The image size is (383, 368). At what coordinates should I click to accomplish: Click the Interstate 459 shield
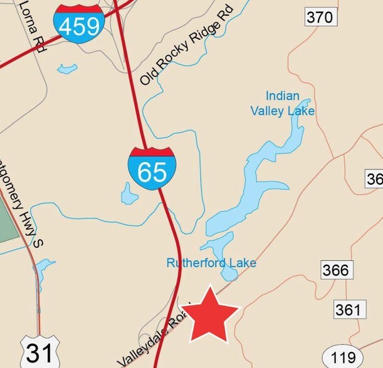pos(78,22)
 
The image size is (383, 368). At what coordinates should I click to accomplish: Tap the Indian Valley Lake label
pos(282,104)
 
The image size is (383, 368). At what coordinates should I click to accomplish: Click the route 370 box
pos(320,18)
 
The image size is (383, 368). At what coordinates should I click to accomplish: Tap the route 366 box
pos(336,270)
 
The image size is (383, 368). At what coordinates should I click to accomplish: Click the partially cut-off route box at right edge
pos(374,179)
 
